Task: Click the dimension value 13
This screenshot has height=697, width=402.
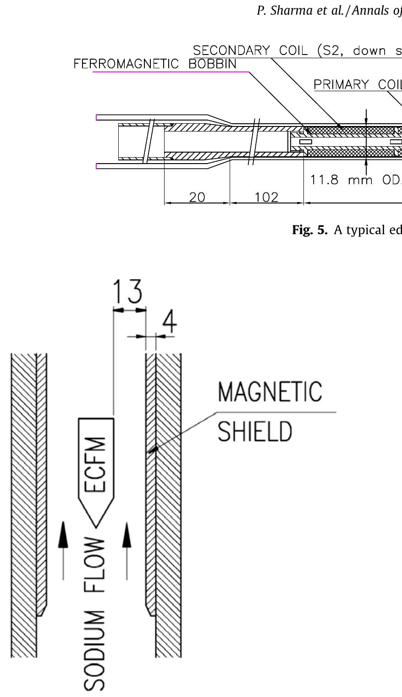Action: (x=127, y=291)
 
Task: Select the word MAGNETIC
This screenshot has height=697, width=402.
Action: (x=270, y=391)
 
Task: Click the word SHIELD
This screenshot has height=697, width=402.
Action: (x=254, y=431)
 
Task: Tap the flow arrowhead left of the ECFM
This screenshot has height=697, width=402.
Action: (x=63, y=534)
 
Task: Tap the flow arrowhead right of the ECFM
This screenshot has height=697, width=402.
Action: (x=127, y=534)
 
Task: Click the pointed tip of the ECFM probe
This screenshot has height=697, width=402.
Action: (x=96, y=527)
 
